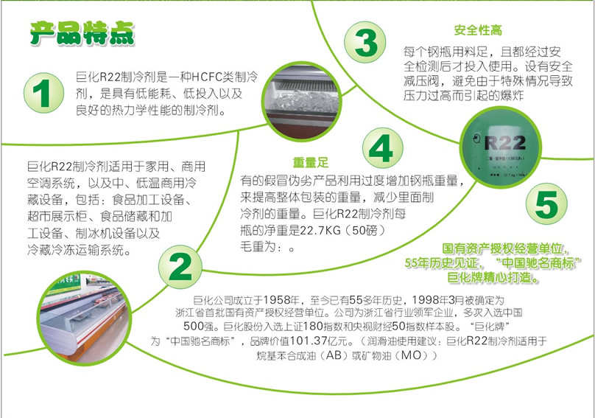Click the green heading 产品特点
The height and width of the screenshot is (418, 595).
[x=82, y=33]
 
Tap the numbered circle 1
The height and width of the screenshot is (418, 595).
[x=43, y=93]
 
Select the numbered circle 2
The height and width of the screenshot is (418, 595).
[x=180, y=267]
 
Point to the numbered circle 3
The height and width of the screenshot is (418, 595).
[x=365, y=42]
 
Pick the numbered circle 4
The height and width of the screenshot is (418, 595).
[x=382, y=148]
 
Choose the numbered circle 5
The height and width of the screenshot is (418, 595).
[x=546, y=203]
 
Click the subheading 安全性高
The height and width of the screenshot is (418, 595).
[x=478, y=30]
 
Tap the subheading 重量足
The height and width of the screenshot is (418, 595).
[x=311, y=163]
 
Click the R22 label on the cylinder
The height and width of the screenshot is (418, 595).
[x=505, y=143]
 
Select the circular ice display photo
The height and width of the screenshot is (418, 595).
[x=303, y=102]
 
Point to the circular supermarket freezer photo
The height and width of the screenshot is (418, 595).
[x=84, y=316]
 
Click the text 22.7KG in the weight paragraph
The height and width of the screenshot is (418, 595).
[x=321, y=230]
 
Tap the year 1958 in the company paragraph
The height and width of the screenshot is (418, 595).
[x=276, y=300]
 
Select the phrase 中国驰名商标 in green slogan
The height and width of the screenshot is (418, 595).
[x=538, y=263]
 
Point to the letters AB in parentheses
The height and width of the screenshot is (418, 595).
[x=334, y=355]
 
